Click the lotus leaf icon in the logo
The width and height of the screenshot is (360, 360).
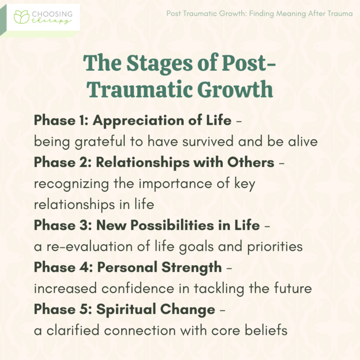click(22, 17)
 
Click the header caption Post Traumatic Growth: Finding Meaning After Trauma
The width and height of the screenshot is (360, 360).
click(259, 14)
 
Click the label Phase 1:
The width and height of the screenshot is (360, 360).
click(61, 120)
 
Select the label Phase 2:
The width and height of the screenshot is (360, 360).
click(62, 162)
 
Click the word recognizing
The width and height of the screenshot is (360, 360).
click(70, 183)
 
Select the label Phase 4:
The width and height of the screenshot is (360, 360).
click(62, 267)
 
